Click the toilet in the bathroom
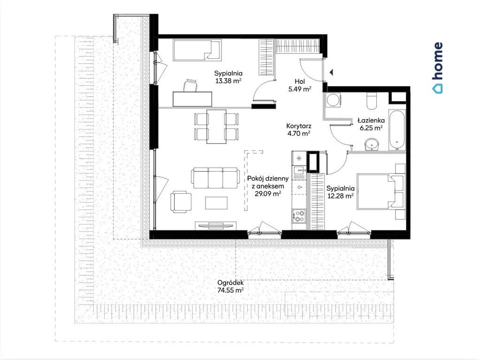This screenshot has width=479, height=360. click(x=372, y=101)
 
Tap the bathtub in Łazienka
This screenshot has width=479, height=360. click(x=397, y=129)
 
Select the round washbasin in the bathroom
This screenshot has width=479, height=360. click(x=372, y=144)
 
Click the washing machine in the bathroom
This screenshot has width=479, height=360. click(x=333, y=100)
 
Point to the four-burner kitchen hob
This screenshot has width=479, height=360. click(x=299, y=216)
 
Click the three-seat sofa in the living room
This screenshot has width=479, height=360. click(x=215, y=178)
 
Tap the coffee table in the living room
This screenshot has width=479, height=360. click(x=216, y=203)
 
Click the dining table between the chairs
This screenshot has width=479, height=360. click(x=216, y=127)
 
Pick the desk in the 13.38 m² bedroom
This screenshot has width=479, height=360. click(x=192, y=99)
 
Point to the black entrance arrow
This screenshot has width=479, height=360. click(x=331, y=72)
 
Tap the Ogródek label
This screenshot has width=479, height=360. click(x=230, y=283)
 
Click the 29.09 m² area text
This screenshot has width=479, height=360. click(x=268, y=193)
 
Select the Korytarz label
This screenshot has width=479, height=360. click(x=299, y=126)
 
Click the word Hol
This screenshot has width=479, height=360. click(x=300, y=82)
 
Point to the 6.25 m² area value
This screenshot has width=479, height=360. click(x=371, y=128)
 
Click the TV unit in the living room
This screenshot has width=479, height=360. click(x=216, y=225)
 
